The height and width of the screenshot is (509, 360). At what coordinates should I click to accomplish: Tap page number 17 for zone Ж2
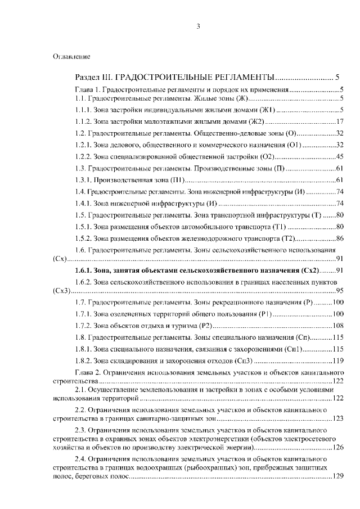340,121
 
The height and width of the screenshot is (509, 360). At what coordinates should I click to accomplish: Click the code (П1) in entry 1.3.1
177,180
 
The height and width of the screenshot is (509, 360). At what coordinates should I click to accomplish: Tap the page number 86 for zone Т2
340,238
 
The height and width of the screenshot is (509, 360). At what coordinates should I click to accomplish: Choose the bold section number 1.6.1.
84,271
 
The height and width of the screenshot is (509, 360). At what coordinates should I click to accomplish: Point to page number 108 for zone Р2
338,326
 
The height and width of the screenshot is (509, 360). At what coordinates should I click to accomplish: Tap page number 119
338,361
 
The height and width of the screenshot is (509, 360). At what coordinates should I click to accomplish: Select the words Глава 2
87,372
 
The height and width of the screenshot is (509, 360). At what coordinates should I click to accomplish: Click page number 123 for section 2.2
338,418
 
